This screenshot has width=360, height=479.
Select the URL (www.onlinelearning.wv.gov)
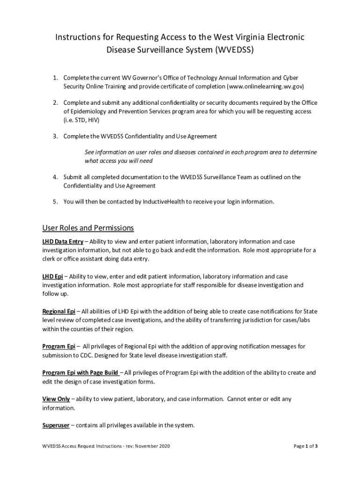coord(266,87)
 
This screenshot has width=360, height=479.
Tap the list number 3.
coord(55,137)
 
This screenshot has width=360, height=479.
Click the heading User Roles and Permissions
coord(88,228)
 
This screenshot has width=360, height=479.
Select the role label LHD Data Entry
coord(63,242)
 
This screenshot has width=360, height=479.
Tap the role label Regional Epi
coord(59,312)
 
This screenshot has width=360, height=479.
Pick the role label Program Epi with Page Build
coord(80,373)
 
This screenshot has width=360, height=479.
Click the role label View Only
coord(56,399)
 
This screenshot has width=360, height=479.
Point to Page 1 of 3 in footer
coord(305,446)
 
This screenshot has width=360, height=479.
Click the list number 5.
coord(55,202)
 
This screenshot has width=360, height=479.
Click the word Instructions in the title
coord(77,36)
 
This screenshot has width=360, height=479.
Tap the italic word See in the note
coord(89,152)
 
